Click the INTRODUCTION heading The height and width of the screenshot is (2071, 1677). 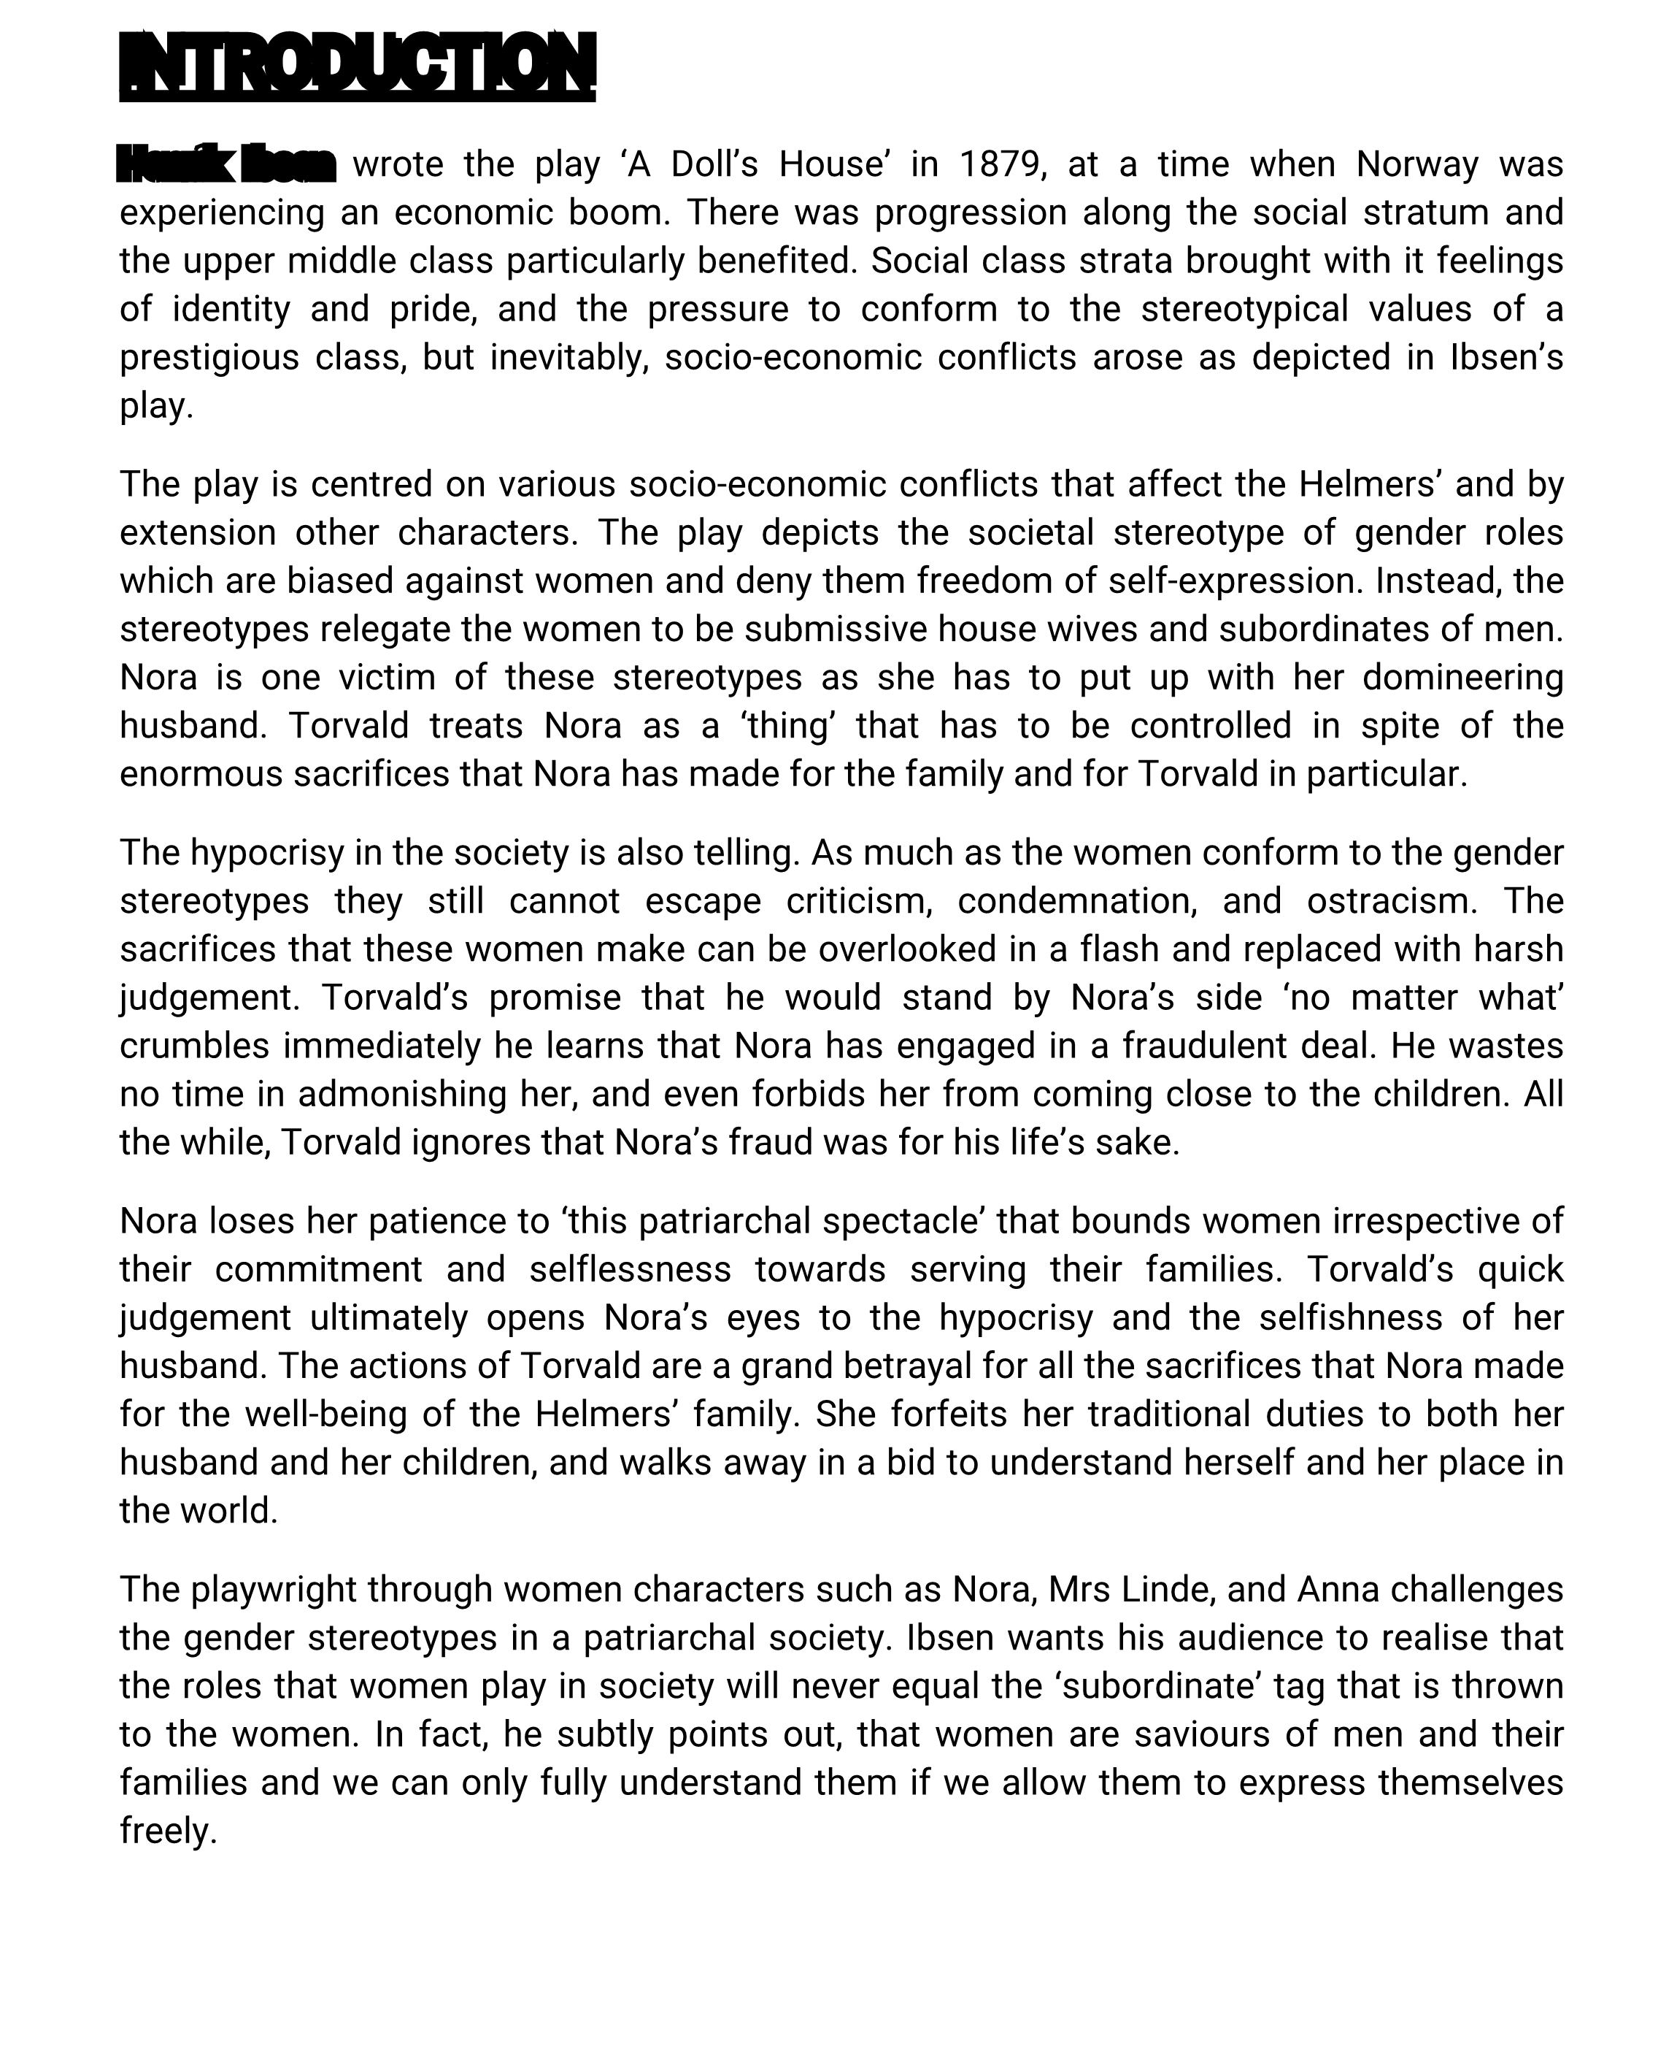358,65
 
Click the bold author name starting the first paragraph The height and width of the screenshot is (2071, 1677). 226,164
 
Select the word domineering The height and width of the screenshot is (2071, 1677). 1462,678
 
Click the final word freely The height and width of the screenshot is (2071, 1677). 167,1831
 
